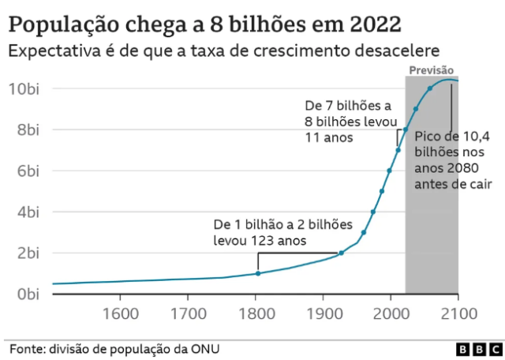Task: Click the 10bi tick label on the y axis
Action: tap(24, 88)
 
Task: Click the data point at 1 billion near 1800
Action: tap(257, 274)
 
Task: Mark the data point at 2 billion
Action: tap(341, 253)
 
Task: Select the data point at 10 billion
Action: tap(430, 88)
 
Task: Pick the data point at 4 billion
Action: tap(373, 212)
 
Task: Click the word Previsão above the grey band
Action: tap(431, 70)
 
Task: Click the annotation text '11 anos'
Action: tap(327, 137)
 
